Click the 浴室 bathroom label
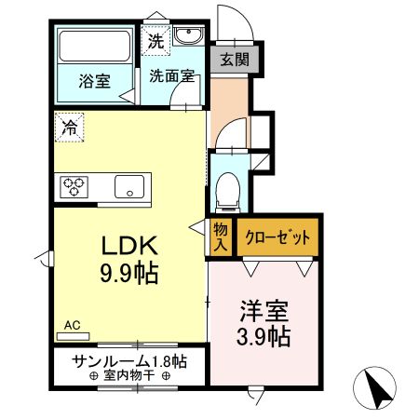click(93, 80)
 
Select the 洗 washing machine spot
click(155, 42)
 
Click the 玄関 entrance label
click(234, 61)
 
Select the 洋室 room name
click(262, 307)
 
